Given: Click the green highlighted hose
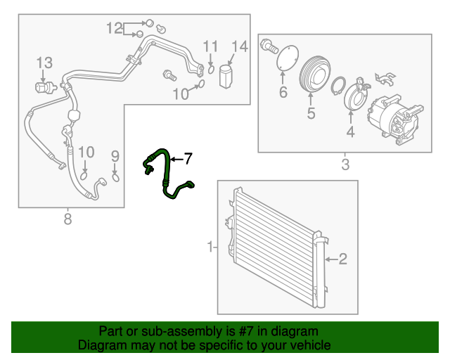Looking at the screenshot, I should click(166, 172).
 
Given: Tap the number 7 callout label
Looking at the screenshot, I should click(187, 158).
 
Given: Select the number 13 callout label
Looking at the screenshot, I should click(44, 63).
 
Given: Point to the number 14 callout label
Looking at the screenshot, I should click(239, 47).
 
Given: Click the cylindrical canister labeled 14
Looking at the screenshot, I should click(226, 75).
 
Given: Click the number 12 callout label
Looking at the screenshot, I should click(115, 28).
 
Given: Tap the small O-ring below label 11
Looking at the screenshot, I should click(211, 68).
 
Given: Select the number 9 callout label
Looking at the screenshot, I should click(115, 155).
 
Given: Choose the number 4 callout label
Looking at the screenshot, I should click(349, 131).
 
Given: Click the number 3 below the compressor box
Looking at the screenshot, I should click(345, 166).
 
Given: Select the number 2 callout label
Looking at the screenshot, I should click(342, 260).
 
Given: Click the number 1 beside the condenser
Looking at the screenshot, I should click(210, 247).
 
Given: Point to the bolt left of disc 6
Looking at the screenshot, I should click(268, 46).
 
